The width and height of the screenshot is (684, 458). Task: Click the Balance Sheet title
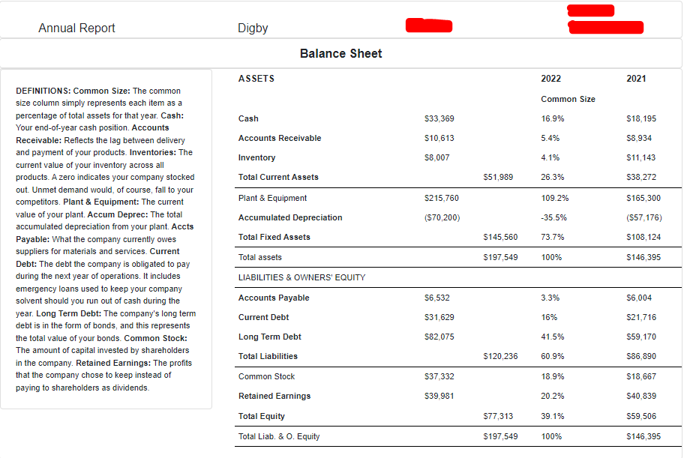[340, 53]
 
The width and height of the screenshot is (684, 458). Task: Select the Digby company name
[253, 28]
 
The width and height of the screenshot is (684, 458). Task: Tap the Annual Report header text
[76, 28]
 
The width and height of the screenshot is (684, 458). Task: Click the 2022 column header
[550, 79]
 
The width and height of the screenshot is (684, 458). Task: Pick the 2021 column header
[636, 79]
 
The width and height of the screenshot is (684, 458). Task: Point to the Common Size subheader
[568, 99]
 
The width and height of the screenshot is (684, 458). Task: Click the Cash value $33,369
[439, 118]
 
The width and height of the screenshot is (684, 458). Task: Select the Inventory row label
[256, 157]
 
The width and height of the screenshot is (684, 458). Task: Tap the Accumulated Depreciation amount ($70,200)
[442, 217]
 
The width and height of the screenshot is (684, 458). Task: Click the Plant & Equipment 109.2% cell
[555, 198]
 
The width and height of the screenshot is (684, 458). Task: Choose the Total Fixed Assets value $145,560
[500, 237]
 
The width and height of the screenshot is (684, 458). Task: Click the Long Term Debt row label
[269, 337]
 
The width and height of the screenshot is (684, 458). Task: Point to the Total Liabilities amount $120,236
[500, 356]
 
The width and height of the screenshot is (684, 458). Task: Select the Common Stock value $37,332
[439, 376]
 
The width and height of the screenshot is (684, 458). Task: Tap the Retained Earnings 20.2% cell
[553, 396]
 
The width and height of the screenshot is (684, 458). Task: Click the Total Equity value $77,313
[499, 416]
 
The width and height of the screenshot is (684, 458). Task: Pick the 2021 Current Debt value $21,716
[640, 317]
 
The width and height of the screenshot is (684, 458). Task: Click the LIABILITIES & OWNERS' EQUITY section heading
[301, 277]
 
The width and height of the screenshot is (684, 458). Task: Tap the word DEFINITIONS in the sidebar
[42, 91]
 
